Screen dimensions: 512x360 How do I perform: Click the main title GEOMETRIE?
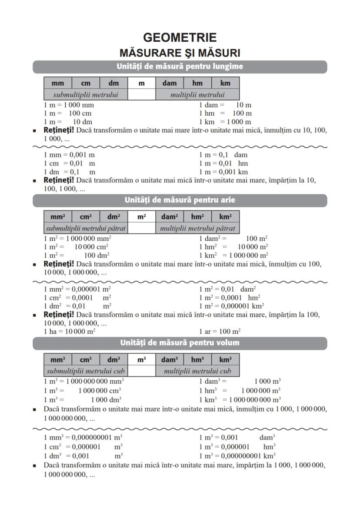pyautogui.click(x=180, y=38)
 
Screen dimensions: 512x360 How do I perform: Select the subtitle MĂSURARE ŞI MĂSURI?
pyautogui.click(x=180, y=53)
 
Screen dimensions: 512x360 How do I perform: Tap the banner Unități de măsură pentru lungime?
pyautogui.click(x=180, y=66)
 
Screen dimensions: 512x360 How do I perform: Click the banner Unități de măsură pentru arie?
pyautogui.click(x=180, y=200)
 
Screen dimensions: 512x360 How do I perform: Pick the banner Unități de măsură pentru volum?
pyautogui.click(x=180, y=342)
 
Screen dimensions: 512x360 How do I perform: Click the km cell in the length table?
pyautogui.click(x=225, y=83)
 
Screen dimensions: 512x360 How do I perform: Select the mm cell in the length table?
pyautogui.click(x=57, y=83)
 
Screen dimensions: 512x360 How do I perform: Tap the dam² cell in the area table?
pyautogui.click(x=170, y=216)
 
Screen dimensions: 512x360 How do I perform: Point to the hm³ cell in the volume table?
pyautogui.click(x=197, y=359)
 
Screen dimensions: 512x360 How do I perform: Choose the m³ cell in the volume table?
pyautogui.click(x=141, y=359)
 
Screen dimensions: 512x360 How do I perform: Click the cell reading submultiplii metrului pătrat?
pyautogui.click(x=86, y=228)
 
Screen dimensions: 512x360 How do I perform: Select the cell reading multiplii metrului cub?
pyautogui.click(x=197, y=371)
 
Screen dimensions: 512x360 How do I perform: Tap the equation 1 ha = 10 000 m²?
pyautogui.click(x=70, y=331)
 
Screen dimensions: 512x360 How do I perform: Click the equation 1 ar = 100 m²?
pyautogui.click(x=220, y=331)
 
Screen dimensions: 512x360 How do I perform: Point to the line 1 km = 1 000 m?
pyautogui.click(x=225, y=122)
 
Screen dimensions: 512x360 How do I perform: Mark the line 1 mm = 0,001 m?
pyautogui.click(x=70, y=155)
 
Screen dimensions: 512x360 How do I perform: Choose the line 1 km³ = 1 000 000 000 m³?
pyautogui.click(x=240, y=399)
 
